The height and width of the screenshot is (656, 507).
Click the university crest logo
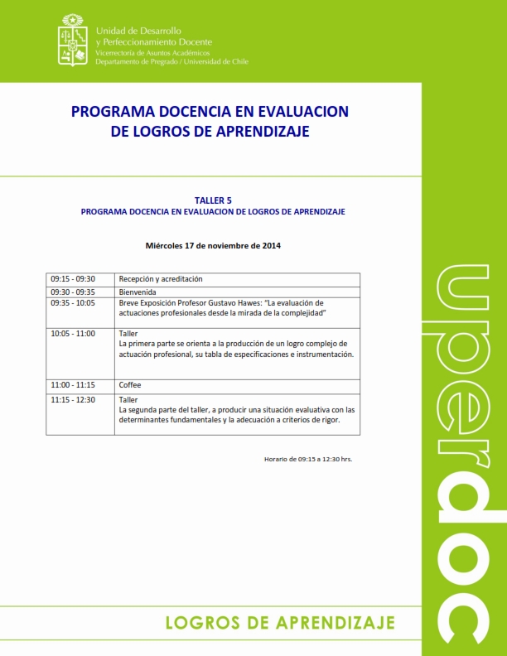pos(73,39)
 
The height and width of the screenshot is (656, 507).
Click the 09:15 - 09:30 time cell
pos(73,279)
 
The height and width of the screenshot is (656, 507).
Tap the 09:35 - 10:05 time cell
pos(73,303)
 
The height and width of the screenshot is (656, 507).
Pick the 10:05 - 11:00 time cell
pos(73,334)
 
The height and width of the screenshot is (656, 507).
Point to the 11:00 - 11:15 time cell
pos(73,385)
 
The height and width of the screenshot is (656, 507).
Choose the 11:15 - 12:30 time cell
pos(73,400)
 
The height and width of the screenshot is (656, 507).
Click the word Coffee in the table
pos(130,385)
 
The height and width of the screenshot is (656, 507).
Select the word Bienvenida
pos(138,292)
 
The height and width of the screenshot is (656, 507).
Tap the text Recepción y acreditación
pos(161,279)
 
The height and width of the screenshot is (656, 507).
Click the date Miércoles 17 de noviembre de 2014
pos(213,246)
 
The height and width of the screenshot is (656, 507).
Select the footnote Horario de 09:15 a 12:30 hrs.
pos(308,458)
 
